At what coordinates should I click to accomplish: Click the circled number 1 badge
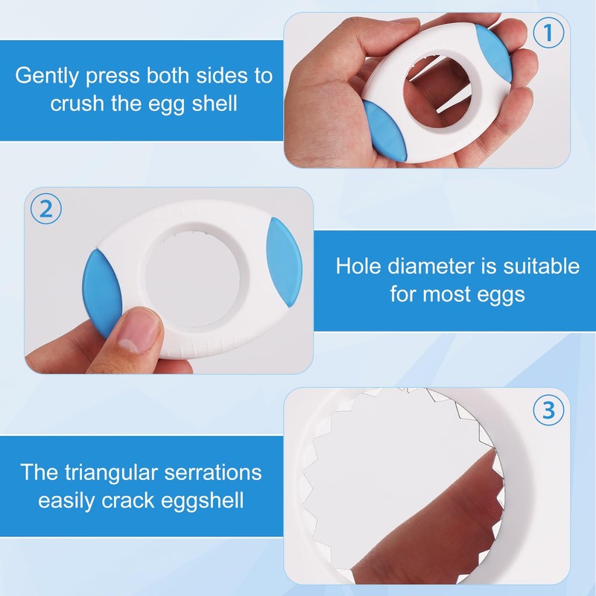[548, 34]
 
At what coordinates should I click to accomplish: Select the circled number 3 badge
[548, 410]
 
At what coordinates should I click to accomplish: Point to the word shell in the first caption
[212, 103]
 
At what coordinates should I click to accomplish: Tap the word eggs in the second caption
[499, 294]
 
